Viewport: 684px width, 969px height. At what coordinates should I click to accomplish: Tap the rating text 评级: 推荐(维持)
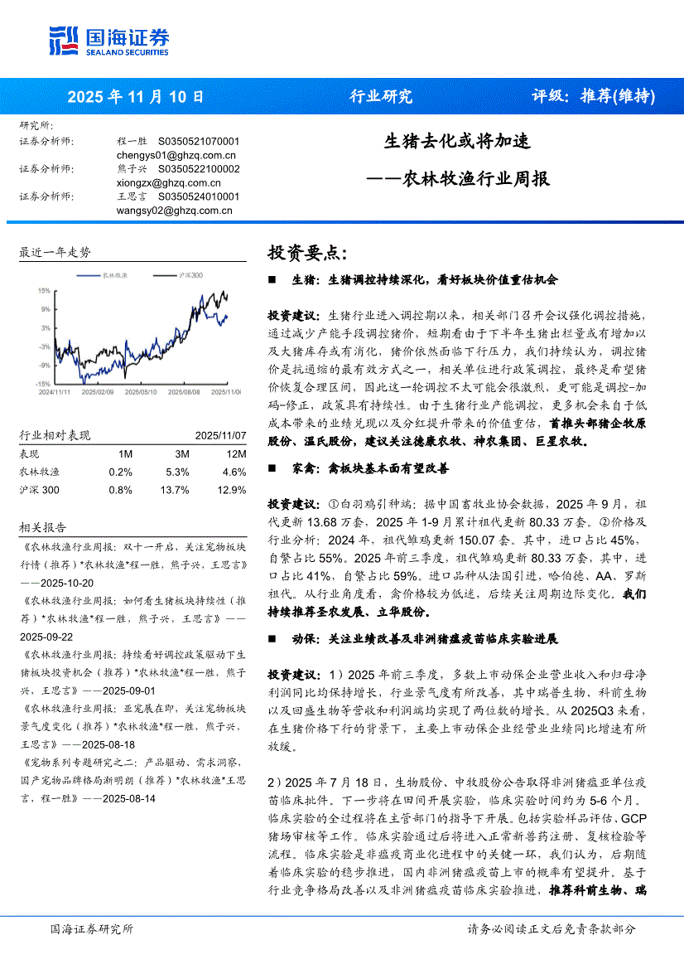592,96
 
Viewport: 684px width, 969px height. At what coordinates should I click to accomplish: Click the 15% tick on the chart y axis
43,291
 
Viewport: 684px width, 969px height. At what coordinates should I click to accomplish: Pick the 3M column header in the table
182,454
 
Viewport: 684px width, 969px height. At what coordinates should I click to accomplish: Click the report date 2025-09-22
50,637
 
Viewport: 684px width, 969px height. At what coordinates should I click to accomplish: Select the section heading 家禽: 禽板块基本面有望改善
370,468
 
